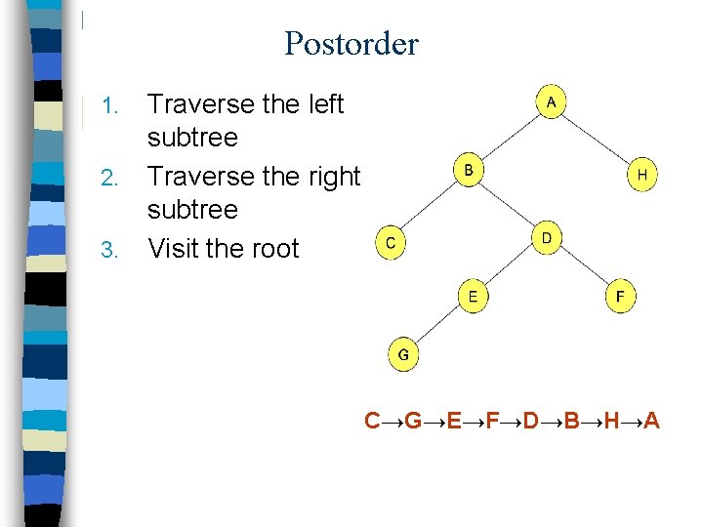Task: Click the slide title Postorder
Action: coord(351,44)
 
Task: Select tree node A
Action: coord(551,102)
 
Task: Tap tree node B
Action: coord(469,172)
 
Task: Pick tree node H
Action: coord(641,176)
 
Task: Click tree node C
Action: coord(390,244)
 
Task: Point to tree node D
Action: coord(547,238)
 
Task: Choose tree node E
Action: coord(473,297)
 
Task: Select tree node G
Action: coord(403,354)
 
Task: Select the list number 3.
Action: coord(111,250)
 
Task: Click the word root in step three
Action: coord(272,249)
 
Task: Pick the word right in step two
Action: coord(331,177)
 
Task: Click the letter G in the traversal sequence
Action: coord(413,422)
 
